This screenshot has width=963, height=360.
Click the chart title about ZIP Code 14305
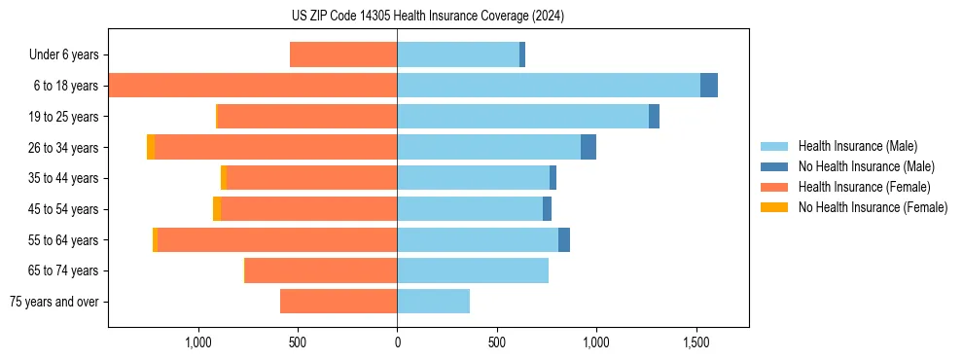(x=428, y=17)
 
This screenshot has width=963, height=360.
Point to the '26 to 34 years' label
(x=64, y=148)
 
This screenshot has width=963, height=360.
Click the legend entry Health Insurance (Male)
(x=856, y=146)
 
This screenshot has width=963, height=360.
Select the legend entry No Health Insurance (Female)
(x=873, y=207)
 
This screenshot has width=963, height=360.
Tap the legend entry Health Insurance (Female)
(x=864, y=187)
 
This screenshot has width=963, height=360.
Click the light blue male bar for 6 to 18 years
(x=549, y=86)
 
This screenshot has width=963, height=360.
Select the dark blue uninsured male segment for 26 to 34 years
(x=588, y=147)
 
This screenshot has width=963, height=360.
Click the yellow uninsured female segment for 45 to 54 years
(x=217, y=209)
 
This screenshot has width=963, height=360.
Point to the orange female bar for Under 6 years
(x=343, y=54)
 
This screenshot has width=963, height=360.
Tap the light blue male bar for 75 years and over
(x=433, y=302)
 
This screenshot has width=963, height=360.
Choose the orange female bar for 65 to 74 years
(x=321, y=270)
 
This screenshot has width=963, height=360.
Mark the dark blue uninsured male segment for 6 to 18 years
(x=709, y=86)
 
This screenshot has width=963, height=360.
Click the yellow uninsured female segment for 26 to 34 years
(x=151, y=147)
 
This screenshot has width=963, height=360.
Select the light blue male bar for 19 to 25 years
(x=522, y=117)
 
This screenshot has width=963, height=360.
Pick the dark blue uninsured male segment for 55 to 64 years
(x=564, y=240)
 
